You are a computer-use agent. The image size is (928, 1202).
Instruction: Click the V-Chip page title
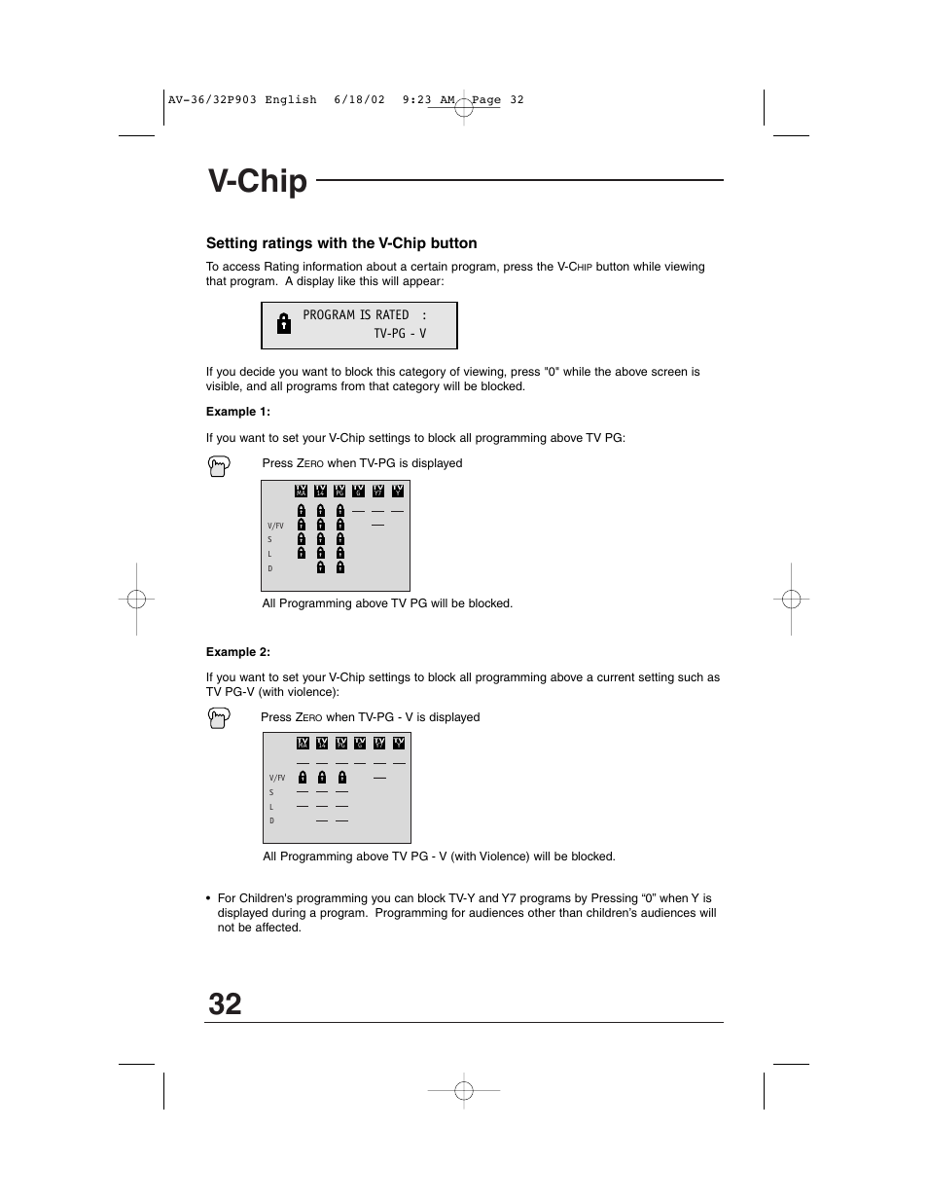258,182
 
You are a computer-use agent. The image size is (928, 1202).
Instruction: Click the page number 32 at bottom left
225,1003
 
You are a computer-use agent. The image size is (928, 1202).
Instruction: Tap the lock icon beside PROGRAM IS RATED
283,324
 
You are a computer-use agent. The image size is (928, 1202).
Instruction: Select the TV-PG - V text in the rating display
400,334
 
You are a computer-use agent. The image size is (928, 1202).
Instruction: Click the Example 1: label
237,412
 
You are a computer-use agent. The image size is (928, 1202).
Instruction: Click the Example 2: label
237,652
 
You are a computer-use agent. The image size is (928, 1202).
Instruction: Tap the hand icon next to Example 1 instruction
220,466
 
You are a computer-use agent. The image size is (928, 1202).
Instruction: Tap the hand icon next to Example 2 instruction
220,719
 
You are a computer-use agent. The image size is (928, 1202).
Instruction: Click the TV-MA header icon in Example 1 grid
302,492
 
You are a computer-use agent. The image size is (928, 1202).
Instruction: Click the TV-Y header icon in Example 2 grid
399,744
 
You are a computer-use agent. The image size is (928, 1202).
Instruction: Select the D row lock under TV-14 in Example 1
321,567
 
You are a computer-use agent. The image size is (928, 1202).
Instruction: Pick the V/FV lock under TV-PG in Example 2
341,778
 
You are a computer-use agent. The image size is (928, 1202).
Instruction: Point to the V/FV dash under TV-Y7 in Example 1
378,526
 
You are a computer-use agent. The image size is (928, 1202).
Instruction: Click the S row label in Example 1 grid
270,539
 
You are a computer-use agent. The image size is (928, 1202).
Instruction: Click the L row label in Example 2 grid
271,807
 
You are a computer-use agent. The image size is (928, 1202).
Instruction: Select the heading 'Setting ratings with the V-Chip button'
341,243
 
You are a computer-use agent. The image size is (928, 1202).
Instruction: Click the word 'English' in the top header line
290,99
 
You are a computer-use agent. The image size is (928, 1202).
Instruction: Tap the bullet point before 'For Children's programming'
209,899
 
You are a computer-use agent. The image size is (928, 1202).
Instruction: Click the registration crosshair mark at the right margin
792,600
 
